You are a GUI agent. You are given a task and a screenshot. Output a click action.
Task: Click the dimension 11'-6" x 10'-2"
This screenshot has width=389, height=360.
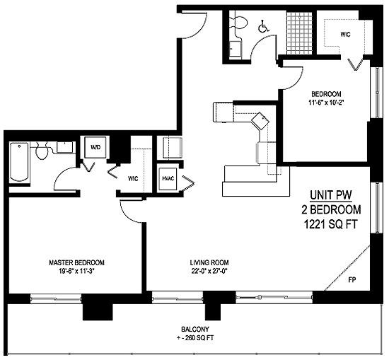(x=326, y=103)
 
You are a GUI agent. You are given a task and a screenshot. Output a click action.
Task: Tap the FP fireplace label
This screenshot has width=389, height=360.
(x=352, y=280)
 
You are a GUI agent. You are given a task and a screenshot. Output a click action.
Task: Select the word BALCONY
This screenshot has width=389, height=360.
(x=194, y=329)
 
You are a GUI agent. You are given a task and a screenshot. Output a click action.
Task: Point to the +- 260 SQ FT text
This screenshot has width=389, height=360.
(x=194, y=338)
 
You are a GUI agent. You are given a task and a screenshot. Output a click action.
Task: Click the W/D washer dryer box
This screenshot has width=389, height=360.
(x=94, y=149)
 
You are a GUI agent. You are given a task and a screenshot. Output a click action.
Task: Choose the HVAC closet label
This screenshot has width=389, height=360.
(x=168, y=178)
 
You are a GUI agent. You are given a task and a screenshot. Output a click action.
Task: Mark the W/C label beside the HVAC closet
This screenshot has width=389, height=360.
(x=132, y=178)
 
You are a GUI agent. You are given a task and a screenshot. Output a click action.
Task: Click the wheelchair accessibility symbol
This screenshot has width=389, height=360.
(x=264, y=27)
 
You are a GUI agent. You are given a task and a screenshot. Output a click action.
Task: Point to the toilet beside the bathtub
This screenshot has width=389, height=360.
(x=42, y=150)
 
